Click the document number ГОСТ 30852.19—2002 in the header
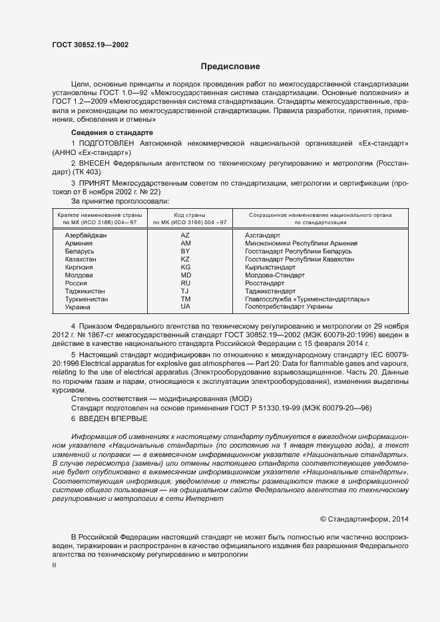tap(90, 45)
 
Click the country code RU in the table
tap(186, 283)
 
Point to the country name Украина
tap(79, 307)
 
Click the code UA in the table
tap(186, 307)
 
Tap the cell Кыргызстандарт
tap(270, 267)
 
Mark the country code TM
tap(186, 299)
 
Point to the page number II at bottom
tap(55, 565)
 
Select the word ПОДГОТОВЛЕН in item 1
tap(107, 144)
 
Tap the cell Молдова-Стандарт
tap(275, 275)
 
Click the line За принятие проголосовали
tap(110, 200)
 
